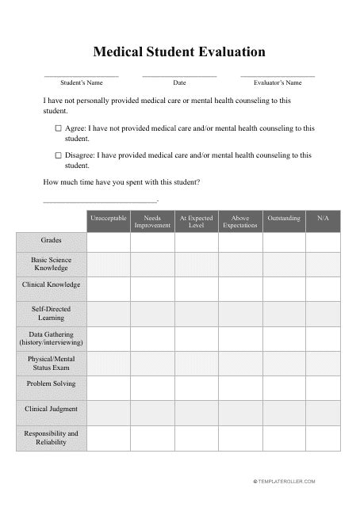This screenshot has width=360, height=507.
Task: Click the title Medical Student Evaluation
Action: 179,53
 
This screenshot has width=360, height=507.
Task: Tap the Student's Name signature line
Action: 81,75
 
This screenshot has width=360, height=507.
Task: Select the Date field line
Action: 179,75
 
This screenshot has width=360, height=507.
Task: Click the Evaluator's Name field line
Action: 278,75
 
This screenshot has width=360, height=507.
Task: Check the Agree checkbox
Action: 58,128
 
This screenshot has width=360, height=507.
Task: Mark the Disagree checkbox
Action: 58,155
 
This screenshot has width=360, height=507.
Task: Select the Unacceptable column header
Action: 108,221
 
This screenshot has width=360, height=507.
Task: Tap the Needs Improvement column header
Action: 152,221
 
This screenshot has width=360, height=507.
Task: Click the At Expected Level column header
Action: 196,221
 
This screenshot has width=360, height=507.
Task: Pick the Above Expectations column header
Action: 240,221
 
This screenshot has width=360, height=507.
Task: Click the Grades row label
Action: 51,240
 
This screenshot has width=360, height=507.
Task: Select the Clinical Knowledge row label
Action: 51,284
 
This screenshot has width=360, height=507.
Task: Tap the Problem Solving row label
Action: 51,383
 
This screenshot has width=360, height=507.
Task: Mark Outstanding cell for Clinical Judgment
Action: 284,412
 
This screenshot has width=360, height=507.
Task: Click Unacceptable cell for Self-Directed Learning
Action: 108,313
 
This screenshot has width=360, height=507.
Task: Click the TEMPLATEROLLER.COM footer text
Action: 285,481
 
